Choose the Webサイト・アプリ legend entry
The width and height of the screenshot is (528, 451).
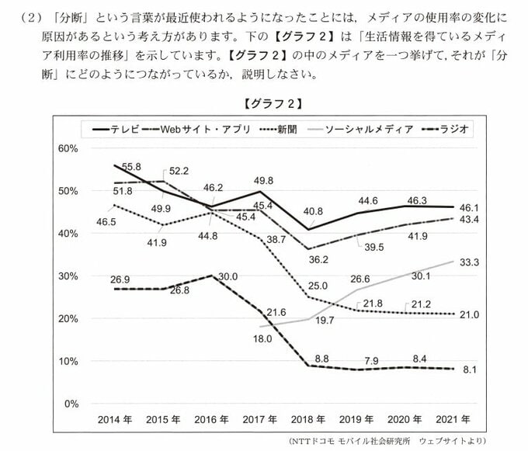[198, 129]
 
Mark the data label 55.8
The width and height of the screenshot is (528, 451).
[131, 167]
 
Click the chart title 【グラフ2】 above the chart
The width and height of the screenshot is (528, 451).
[272, 102]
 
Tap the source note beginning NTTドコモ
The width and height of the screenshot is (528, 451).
[410, 442]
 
